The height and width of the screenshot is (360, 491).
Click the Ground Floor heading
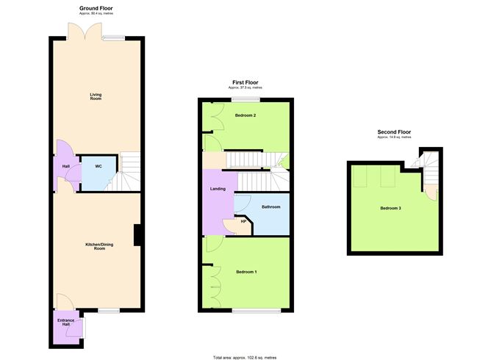click(96, 8)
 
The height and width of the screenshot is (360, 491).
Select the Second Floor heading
click(393, 132)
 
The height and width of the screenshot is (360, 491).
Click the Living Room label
click(96, 96)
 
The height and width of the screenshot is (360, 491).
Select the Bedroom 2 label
click(245, 115)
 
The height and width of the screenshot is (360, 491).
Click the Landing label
click(218, 189)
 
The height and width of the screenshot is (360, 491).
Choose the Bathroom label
click(270, 206)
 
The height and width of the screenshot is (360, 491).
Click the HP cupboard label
click(243, 222)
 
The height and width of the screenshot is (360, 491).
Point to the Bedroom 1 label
click(246, 272)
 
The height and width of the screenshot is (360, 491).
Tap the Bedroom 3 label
click(390, 208)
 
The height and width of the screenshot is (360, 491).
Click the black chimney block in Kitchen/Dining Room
click(137, 235)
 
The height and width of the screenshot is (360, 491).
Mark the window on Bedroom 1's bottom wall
click(257, 312)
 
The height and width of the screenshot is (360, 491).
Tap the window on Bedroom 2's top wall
click(246, 99)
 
